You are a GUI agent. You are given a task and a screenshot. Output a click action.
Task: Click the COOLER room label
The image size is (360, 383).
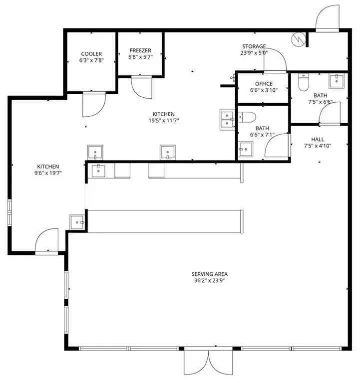[x=91, y=54]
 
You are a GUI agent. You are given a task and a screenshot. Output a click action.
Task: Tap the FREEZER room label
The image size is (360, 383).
[x=140, y=50]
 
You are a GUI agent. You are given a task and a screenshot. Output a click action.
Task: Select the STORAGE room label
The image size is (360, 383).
[x=254, y=46]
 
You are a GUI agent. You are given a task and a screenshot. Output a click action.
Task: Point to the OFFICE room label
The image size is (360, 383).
[x=264, y=84]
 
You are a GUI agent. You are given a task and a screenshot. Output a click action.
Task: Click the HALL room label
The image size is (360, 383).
[x=318, y=140]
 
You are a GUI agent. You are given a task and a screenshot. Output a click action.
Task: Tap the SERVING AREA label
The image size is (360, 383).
[x=209, y=274]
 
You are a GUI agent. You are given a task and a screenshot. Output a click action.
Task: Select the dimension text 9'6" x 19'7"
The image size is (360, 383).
[x=48, y=173]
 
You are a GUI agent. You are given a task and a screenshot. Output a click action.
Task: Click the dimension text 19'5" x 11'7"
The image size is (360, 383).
[x=164, y=120]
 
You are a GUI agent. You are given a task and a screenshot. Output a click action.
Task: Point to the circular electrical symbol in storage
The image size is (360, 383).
[x=298, y=39]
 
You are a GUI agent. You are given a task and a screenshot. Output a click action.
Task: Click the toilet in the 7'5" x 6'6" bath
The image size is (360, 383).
[x=303, y=82]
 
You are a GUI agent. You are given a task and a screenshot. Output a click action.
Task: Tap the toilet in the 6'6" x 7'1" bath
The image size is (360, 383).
[x=247, y=117]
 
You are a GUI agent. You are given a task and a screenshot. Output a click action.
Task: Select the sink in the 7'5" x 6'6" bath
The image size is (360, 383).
[x=337, y=81]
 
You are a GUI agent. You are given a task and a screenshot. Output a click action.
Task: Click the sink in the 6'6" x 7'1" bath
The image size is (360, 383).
[x=246, y=149]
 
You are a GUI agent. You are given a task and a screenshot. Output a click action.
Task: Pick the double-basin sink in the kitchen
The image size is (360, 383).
[x=227, y=120]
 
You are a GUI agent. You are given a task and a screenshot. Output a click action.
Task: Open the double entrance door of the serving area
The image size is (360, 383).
[x=208, y=361]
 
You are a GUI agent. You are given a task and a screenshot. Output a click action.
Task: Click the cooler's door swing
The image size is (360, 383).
[x=94, y=104]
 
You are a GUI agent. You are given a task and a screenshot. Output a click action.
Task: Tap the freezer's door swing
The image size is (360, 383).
[x=142, y=87]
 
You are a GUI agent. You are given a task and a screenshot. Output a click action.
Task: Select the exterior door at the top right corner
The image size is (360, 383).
[x=327, y=18]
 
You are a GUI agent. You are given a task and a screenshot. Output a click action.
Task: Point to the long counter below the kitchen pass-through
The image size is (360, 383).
[x=165, y=221]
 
